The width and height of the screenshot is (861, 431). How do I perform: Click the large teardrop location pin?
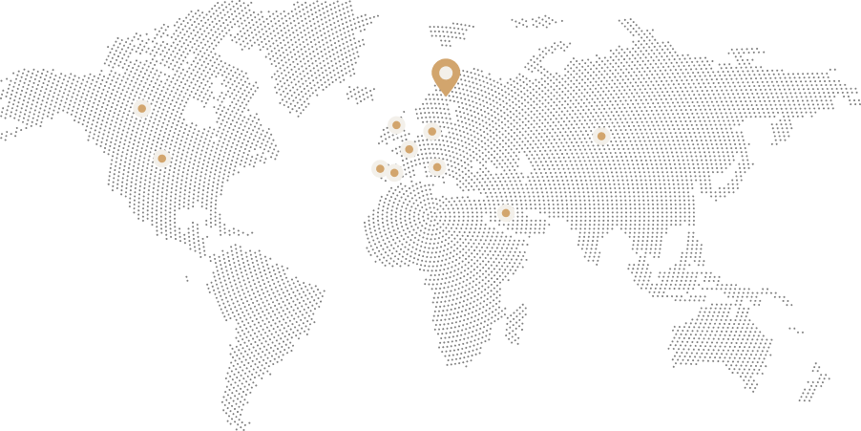(446, 75)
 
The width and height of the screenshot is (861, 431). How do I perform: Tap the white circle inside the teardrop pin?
(446, 73)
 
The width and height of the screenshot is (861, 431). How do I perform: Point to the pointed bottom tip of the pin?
(446, 97)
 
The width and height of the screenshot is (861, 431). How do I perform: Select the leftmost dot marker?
(142, 109)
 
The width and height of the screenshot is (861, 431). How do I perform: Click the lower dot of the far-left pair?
(162, 159)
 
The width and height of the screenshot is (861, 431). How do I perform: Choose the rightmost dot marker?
(601, 137)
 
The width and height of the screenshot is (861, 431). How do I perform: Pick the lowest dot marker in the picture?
(506, 213)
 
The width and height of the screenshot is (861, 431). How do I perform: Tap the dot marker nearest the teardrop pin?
(432, 132)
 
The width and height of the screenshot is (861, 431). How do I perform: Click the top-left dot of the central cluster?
(397, 125)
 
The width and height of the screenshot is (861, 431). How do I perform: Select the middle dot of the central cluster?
(409, 149)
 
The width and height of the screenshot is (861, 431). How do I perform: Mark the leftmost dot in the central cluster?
(380, 169)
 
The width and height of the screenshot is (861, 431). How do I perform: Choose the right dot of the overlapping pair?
(395, 173)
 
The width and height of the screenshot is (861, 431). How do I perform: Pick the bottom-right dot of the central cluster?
(437, 167)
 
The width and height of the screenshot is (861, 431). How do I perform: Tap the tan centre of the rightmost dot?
(601, 137)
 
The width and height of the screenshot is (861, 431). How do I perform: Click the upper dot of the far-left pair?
(142, 109)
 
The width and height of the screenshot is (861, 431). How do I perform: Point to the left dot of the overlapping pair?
(379, 169)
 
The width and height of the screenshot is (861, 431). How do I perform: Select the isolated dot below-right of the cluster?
(506, 213)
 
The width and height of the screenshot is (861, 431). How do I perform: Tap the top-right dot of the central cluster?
(432, 132)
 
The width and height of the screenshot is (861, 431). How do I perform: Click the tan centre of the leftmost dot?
(142, 109)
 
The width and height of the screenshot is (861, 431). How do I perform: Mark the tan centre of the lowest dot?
(506, 213)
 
